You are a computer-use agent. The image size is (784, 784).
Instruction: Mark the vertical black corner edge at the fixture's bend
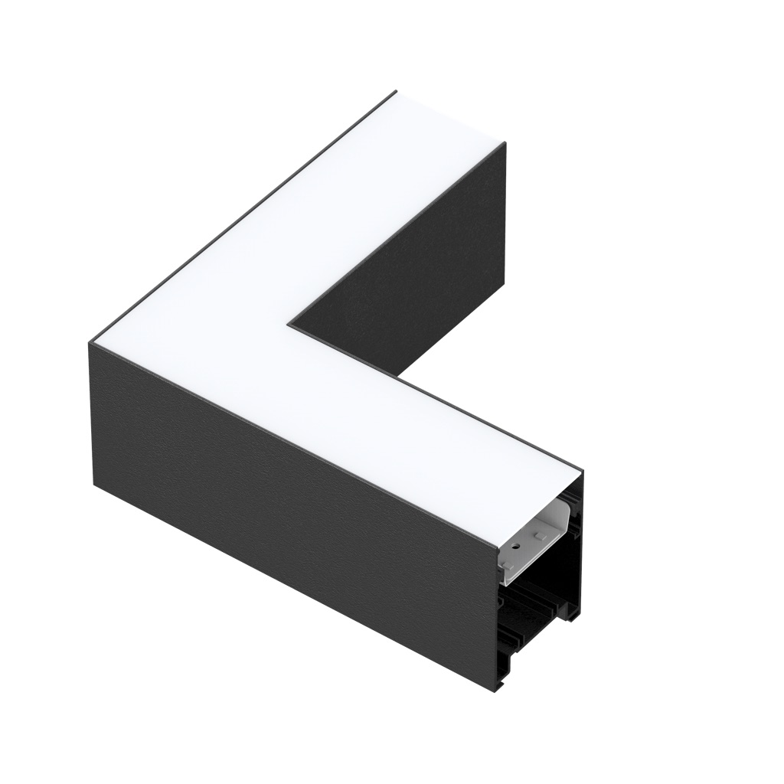tap(93, 413)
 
